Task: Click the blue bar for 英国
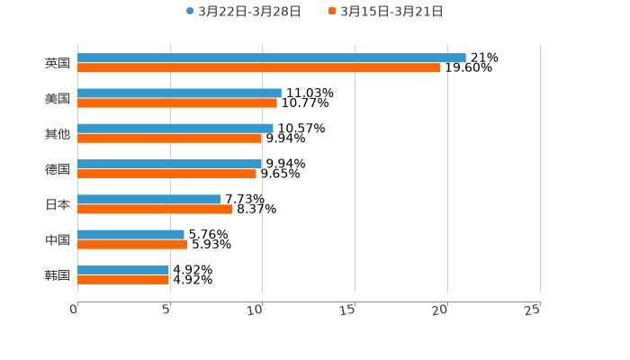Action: (x=270, y=58)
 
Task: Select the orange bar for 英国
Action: (x=258, y=67)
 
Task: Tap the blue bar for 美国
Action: (x=179, y=93)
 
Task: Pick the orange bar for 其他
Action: (x=169, y=138)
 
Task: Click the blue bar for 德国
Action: (x=169, y=164)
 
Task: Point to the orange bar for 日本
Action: (x=155, y=209)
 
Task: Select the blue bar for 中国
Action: (x=130, y=234)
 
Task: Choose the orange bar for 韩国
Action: (x=123, y=279)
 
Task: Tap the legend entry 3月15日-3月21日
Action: (x=391, y=12)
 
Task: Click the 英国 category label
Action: (x=57, y=63)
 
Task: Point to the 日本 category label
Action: (x=57, y=204)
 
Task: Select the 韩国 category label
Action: (x=57, y=274)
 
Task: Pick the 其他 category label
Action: (x=57, y=134)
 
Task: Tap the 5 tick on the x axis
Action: (x=166, y=310)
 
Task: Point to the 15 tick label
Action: (x=348, y=310)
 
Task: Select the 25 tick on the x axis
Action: (x=533, y=310)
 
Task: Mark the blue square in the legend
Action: (x=190, y=12)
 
